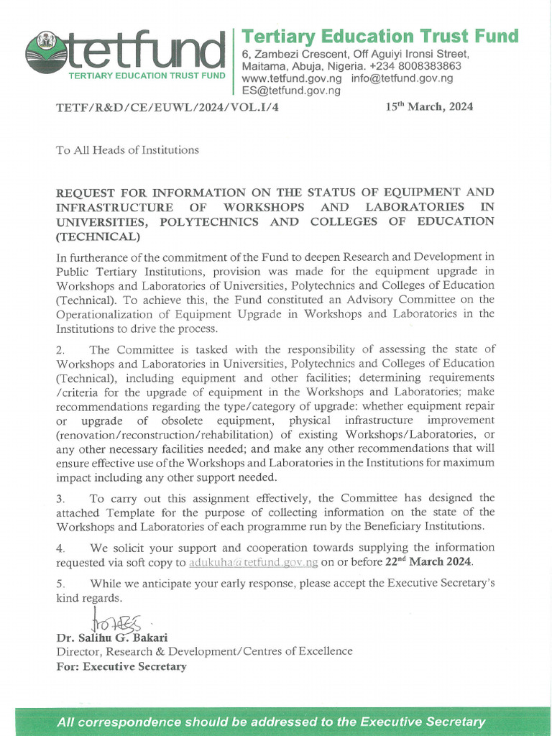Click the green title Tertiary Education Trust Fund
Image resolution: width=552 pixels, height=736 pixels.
click(379, 36)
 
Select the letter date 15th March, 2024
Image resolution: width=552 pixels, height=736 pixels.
click(429, 107)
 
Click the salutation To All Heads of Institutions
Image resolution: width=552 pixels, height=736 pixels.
click(127, 150)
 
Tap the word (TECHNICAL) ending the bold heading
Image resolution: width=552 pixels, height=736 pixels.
click(98, 236)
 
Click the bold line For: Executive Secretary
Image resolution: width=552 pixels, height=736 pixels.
click(121, 666)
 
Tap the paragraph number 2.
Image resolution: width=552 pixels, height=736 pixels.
click(60, 350)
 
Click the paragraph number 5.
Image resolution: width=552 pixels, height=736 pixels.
click(60, 583)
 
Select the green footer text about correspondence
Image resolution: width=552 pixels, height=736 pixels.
click(271, 722)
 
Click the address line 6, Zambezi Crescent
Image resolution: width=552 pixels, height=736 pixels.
click(355, 55)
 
